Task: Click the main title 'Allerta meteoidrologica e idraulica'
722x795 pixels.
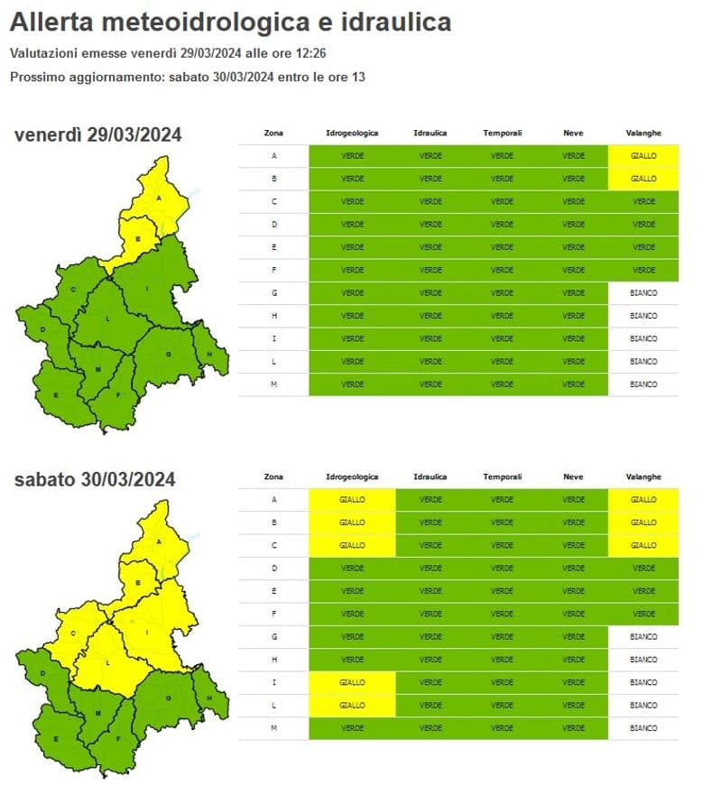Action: point(230,23)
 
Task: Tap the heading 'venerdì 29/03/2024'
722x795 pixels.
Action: point(98,135)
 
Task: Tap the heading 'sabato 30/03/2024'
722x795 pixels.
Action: point(95,479)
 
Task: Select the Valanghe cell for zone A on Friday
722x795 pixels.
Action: point(643,156)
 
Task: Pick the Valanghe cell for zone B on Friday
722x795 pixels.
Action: point(643,179)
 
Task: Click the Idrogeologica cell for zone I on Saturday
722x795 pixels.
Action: point(352,682)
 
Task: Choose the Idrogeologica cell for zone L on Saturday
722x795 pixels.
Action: point(352,705)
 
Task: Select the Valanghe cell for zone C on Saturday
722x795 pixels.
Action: point(643,545)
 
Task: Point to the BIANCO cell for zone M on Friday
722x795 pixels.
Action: point(643,384)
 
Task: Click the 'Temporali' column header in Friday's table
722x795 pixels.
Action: point(502,134)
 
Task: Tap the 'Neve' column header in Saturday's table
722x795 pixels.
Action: point(573,476)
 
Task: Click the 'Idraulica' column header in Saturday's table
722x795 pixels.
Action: point(430,476)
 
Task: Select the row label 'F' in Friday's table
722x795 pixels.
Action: point(273,270)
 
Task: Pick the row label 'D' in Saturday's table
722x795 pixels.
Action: point(273,568)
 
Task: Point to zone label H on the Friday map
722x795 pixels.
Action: point(209,354)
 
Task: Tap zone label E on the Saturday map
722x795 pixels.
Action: point(56,739)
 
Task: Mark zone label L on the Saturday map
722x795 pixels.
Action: point(107,663)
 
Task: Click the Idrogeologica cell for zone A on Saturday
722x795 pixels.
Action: point(352,499)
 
